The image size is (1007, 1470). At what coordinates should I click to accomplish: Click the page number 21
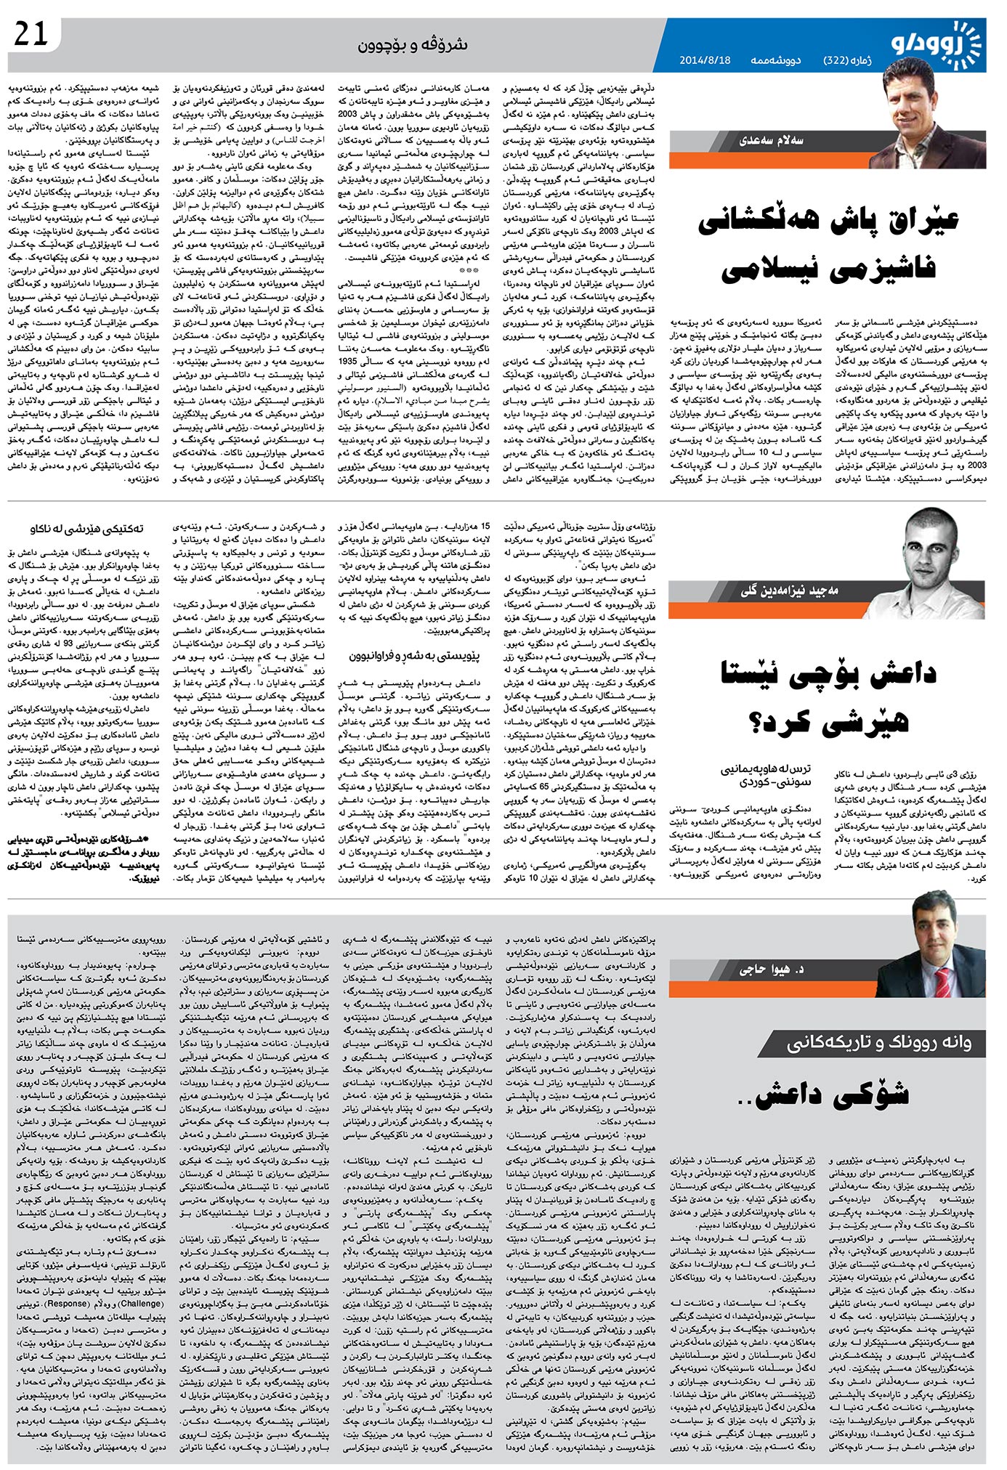(30, 33)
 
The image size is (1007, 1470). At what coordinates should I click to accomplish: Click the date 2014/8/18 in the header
(705, 60)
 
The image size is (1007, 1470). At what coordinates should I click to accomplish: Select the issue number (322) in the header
(842, 60)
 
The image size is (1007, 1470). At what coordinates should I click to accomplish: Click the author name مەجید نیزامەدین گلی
(789, 591)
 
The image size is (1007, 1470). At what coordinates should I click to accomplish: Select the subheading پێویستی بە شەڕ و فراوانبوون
(413, 656)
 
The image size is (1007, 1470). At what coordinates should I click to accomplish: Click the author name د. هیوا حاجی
(772, 969)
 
